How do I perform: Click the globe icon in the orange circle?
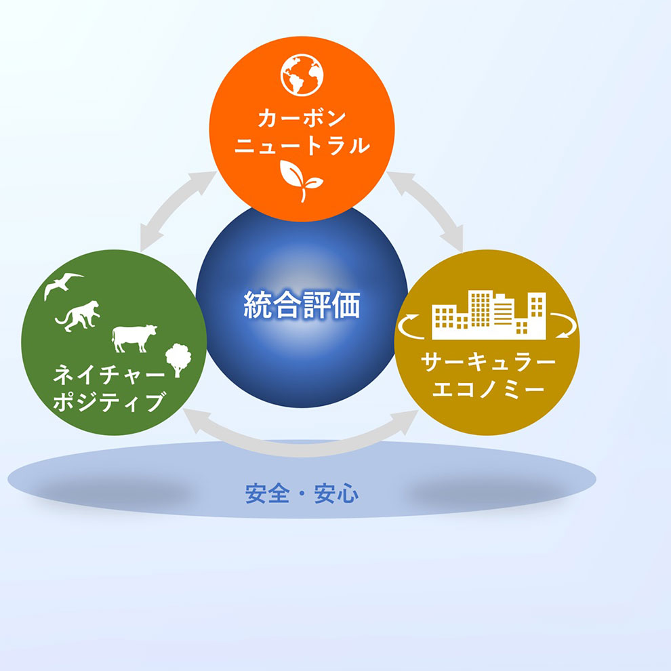302,75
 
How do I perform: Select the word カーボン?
302,118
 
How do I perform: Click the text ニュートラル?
302,146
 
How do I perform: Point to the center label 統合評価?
302,305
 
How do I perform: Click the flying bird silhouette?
63,285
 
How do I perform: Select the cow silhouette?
134,338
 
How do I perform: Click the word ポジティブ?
109,402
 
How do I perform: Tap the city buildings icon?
489,315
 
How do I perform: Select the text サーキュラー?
488,363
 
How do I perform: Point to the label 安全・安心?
302,494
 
